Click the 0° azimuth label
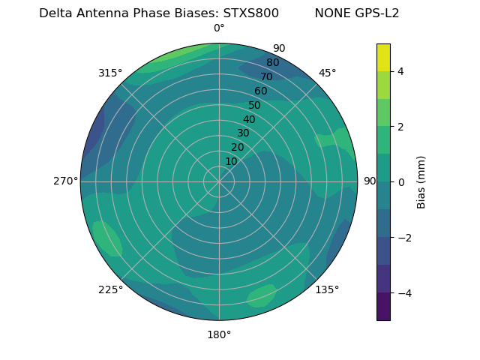click(x=219, y=28)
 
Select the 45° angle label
click(x=327, y=73)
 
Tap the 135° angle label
click(x=327, y=289)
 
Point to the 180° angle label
click(x=219, y=334)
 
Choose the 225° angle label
click(x=110, y=290)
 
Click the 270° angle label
click(x=65, y=181)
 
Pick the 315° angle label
click(x=110, y=73)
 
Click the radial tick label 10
click(x=231, y=161)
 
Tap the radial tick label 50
click(x=254, y=105)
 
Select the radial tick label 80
click(x=272, y=63)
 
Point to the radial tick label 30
click(x=243, y=133)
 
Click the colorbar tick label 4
click(x=401, y=71)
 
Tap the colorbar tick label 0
click(x=401, y=182)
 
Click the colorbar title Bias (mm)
click(x=421, y=182)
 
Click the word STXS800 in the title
click(x=251, y=13)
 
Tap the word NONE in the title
click(x=330, y=13)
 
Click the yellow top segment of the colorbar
click(x=383, y=57)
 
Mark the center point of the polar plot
click(x=219, y=181)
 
